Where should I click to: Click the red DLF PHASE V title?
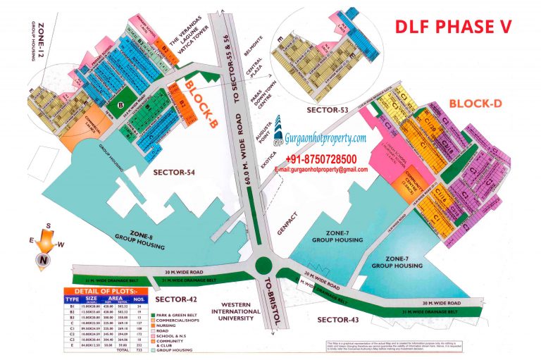(452, 27)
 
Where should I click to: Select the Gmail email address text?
(325, 170)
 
